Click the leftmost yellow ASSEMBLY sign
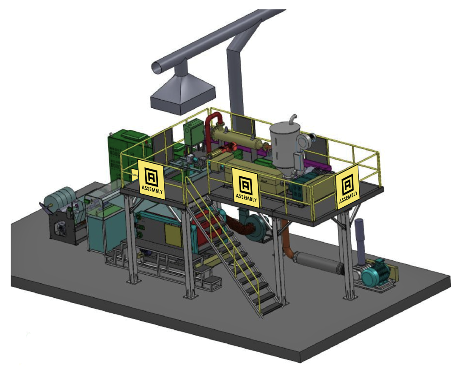point(151,180)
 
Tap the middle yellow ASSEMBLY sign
point(245,188)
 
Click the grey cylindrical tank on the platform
point(284,146)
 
